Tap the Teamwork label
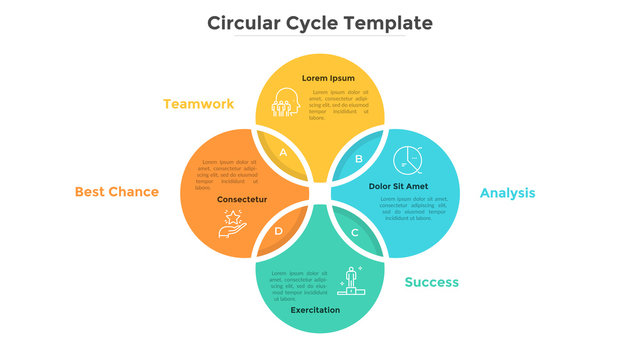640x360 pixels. coord(198,103)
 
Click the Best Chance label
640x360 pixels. coord(116,191)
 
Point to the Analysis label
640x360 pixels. coord(507,193)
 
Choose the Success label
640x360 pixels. coord(431,282)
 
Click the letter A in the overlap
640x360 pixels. coord(283,153)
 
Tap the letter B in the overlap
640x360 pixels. coord(359,158)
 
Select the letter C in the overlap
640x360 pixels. coord(354,233)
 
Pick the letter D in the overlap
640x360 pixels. coord(279,232)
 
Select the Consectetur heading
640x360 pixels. coord(242,199)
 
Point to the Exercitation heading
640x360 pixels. coord(315,310)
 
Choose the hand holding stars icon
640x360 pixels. coord(232,221)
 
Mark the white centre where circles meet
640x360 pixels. coord(320,193)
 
